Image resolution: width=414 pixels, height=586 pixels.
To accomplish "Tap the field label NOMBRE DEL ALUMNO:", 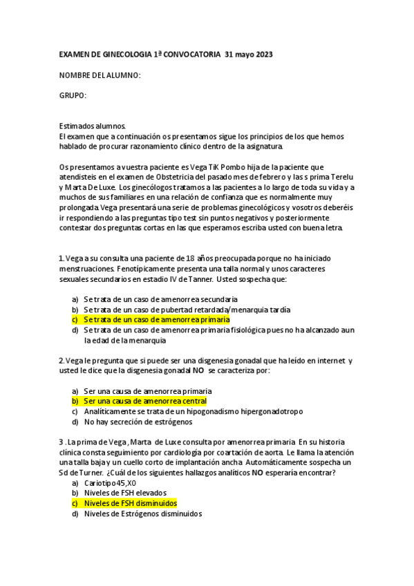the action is point(100,75).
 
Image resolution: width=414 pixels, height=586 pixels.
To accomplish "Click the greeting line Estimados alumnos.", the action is point(93,126).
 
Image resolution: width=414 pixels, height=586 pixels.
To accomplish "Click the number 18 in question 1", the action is point(194,259).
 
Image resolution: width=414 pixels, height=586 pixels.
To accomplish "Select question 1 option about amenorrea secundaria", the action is point(160,299).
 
